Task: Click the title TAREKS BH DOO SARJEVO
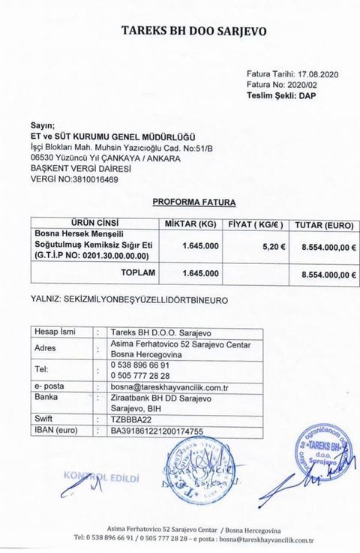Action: (x=193, y=32)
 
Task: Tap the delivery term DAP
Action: (x=319, y=98)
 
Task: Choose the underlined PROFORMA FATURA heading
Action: (x=193, y=203)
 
